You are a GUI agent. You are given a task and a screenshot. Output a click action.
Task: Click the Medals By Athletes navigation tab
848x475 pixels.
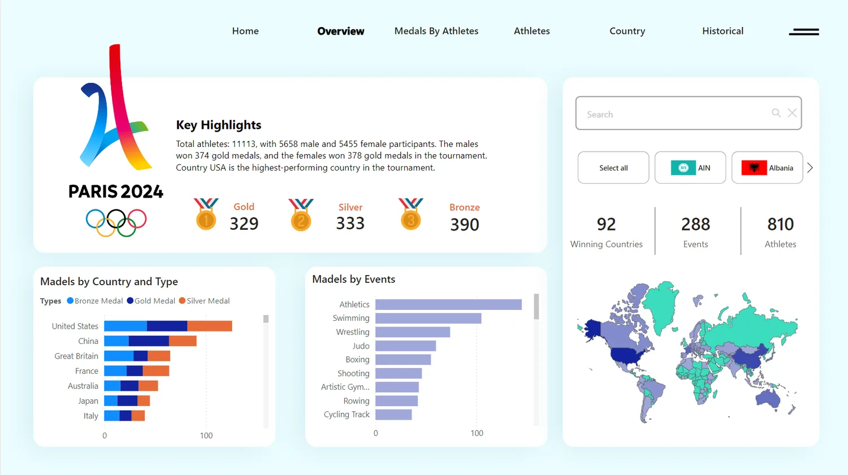coord(436,31)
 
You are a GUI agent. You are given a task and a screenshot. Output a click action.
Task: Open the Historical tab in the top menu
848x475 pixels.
coord(722,31)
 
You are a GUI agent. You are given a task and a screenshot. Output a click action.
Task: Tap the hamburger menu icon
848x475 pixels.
coord(804,32)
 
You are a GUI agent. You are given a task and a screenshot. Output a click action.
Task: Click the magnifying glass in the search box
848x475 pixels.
coord(776,113)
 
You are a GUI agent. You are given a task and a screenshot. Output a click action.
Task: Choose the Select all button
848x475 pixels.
coord(613,168)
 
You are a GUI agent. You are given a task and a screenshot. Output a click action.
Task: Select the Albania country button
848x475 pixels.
coord(767,168)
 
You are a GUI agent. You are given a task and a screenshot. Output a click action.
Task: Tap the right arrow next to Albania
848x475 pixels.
coord(810,168)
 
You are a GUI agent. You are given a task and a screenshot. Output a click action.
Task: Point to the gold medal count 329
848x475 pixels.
coord(244,224)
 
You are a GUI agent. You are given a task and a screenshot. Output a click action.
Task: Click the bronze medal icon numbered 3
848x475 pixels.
coord(411,214)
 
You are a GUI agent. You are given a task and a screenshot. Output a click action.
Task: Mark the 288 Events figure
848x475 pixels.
coord(695,224)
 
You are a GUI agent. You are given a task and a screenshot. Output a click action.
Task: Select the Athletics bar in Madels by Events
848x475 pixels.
coord(449,304)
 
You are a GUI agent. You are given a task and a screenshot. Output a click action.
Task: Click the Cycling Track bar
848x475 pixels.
coord(393,415)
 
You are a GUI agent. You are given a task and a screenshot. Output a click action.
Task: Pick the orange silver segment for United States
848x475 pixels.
coord(210,326)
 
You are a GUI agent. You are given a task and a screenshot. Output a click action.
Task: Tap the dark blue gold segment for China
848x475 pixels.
coord(149,341)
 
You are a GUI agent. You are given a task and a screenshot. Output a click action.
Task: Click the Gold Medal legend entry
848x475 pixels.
coord(151,300)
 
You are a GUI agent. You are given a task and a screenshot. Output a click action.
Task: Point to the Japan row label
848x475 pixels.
coord(88,401)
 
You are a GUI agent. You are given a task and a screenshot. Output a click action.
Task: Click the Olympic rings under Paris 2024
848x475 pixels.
coord(116,223)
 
